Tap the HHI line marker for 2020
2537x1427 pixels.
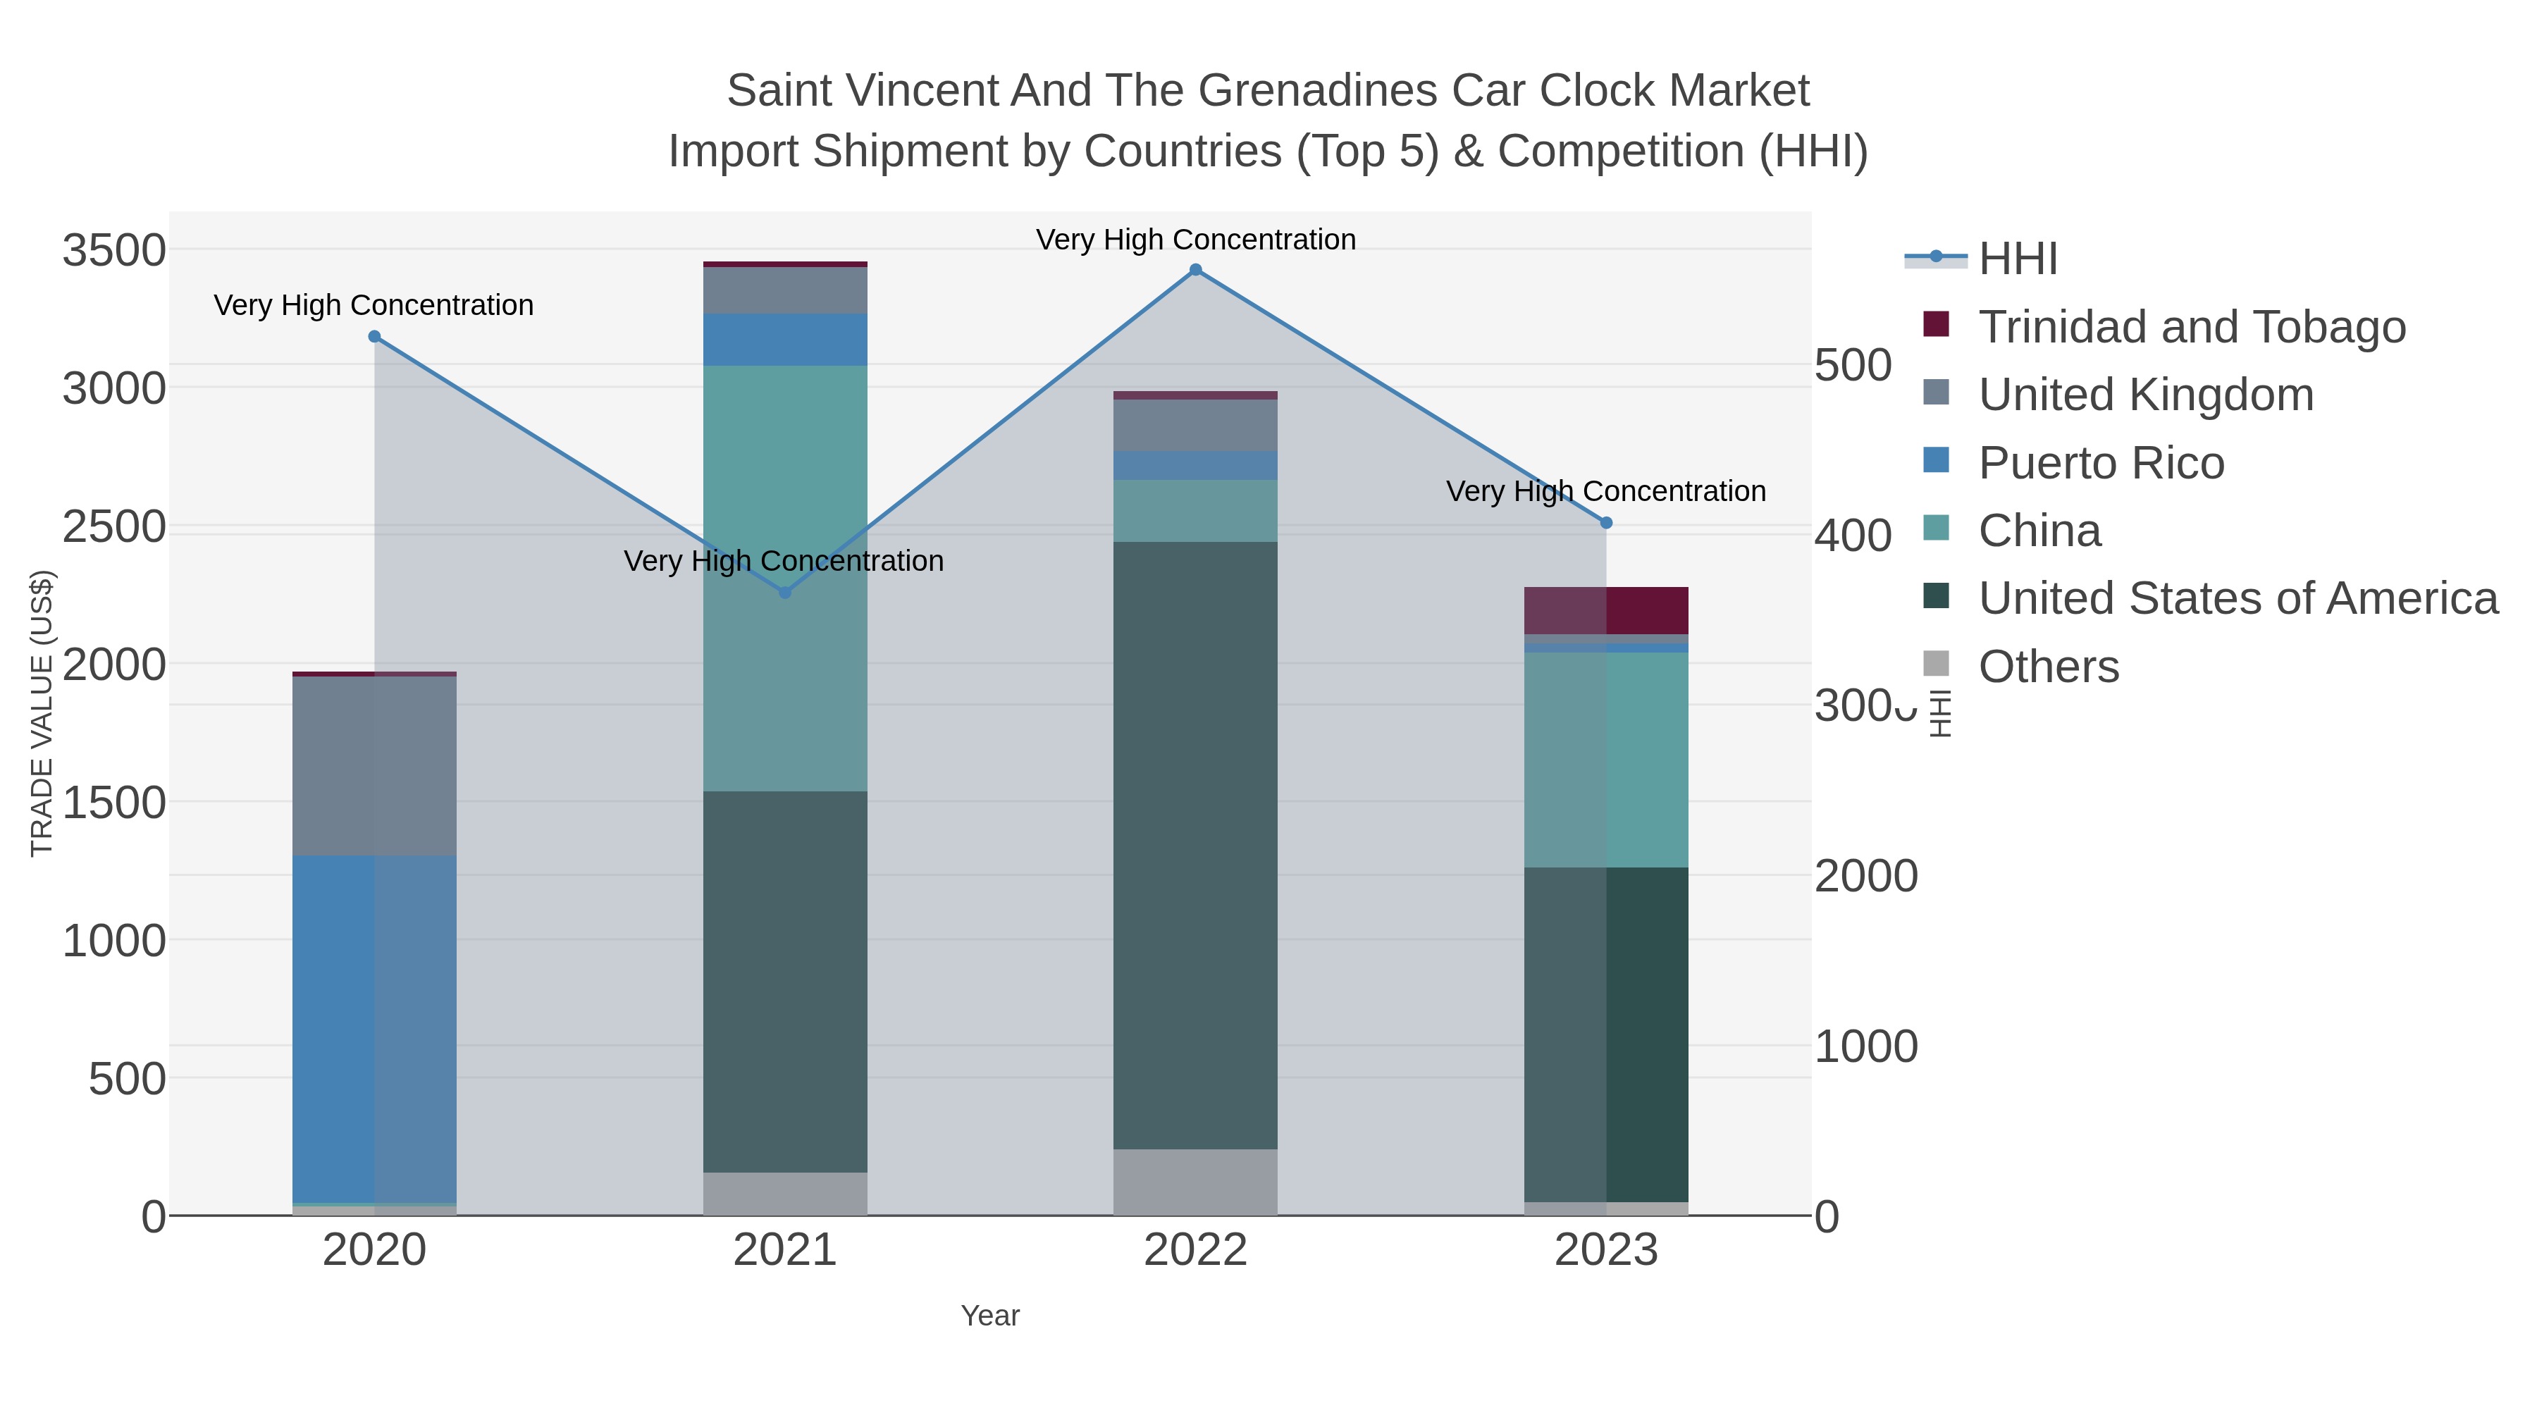[374, 337]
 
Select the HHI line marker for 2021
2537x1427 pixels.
[785, 593]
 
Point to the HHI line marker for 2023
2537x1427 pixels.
[1606, 523]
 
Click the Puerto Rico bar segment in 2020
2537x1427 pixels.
[374, 1029]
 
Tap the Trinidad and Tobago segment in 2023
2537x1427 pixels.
[1606, 610]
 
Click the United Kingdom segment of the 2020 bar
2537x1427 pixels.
[374, 765]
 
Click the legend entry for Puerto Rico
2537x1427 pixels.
[2101, 463]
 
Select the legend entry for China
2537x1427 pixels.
[2039, 531]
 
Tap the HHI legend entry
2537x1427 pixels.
[2017, 259]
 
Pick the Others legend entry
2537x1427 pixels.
[2047, 667]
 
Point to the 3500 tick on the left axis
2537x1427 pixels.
[114, 250]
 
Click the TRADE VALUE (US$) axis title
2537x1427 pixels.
[42, 713]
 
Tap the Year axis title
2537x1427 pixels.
[990, 1316]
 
